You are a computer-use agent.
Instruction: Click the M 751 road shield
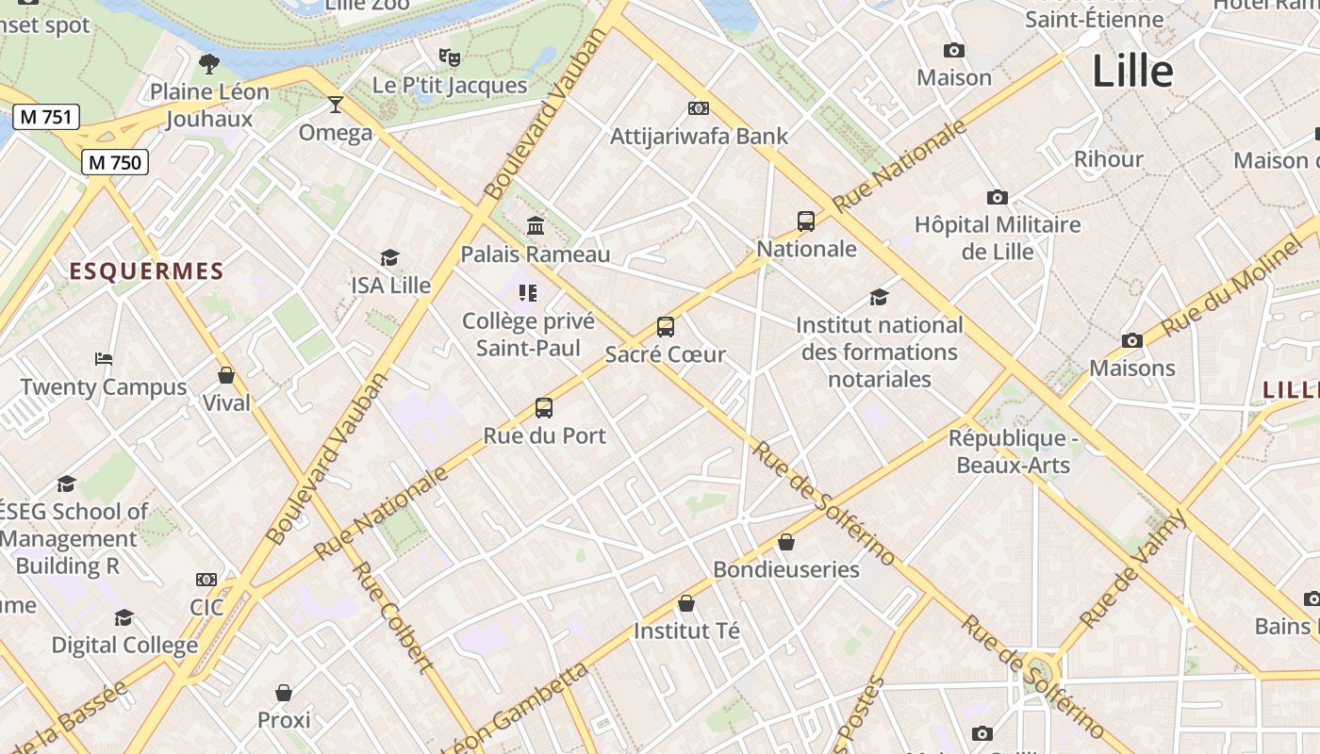(x=46, y=117)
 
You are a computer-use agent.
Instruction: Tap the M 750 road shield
(x=115, y=162)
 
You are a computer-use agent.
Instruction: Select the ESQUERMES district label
(x=146, y=271)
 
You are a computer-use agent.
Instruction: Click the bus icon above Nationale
(x=806, y=221)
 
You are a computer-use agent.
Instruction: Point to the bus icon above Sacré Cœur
(x=666, y=327)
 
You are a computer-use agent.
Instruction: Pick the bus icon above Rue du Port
(x=544, y=408)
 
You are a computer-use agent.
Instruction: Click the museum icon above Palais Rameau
(x=536, y=225)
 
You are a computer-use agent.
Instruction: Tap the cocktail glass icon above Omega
(x=335, y=104)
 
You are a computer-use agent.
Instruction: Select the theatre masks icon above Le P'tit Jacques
(x=450, y=57)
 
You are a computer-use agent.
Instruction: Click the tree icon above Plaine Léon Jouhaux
(x=209, y=64)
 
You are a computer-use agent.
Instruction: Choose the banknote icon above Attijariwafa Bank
(x=699, y=108)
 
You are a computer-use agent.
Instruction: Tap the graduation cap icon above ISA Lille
(x=389, y=257)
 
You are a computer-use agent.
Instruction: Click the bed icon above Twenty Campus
(x=104, y=359)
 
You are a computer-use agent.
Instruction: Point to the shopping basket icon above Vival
(x=226, y=375)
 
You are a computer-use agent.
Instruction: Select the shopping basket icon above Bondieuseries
(x=786, y=542)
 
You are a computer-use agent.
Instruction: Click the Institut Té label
(x=686, y=631)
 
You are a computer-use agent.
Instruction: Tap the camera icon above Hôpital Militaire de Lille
(x=998, y=197)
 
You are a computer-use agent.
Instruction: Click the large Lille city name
(x=1132, y=72)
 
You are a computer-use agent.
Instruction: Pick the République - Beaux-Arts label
(x=1013, y=451)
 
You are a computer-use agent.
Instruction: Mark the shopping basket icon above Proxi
(x=284, y=693)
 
